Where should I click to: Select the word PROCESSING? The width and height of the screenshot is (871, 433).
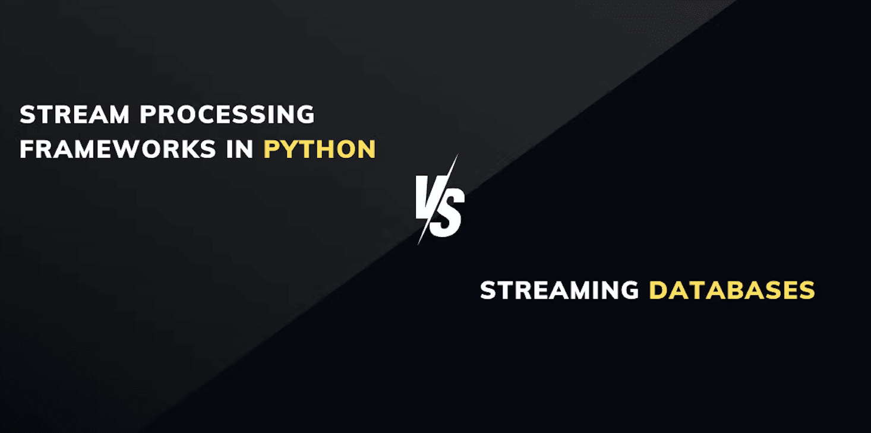[228, 114]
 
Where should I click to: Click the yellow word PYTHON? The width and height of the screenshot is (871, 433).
[320, 149]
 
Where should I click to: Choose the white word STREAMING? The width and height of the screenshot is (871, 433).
[559, 290]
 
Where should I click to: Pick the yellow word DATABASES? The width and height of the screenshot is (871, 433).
[731, 290]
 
